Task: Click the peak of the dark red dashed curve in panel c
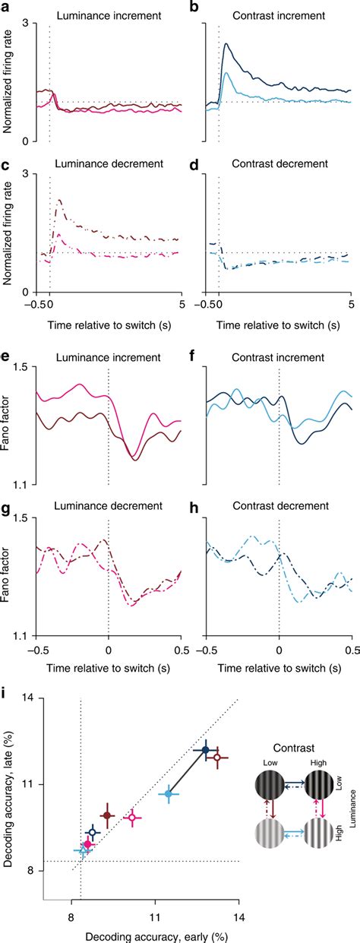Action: (x=58, y=201)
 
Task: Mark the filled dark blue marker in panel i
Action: (x=205, y=749)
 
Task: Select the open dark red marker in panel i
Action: (x=216, y=757)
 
